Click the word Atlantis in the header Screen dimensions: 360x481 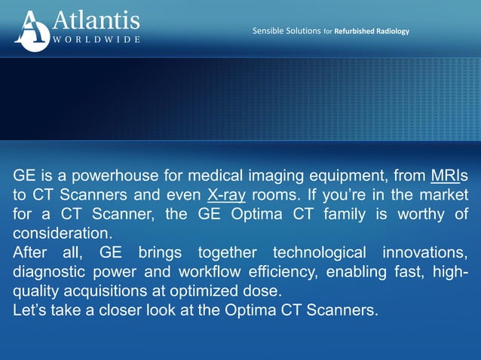click(x=96, y=19)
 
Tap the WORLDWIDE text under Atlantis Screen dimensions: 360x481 click(x=96, y=39)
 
